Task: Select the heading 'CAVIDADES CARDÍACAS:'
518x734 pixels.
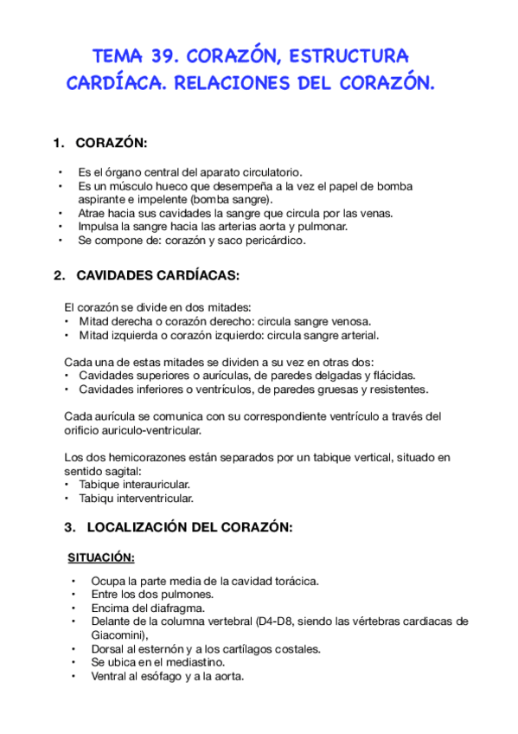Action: pos(157,275)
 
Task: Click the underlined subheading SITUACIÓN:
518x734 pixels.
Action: pos(101,557)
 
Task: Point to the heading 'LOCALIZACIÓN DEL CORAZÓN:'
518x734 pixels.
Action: pos(177,527)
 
